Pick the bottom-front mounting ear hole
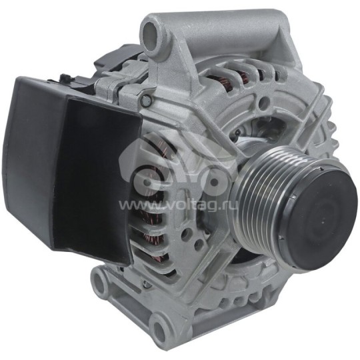(x=159, y=327)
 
